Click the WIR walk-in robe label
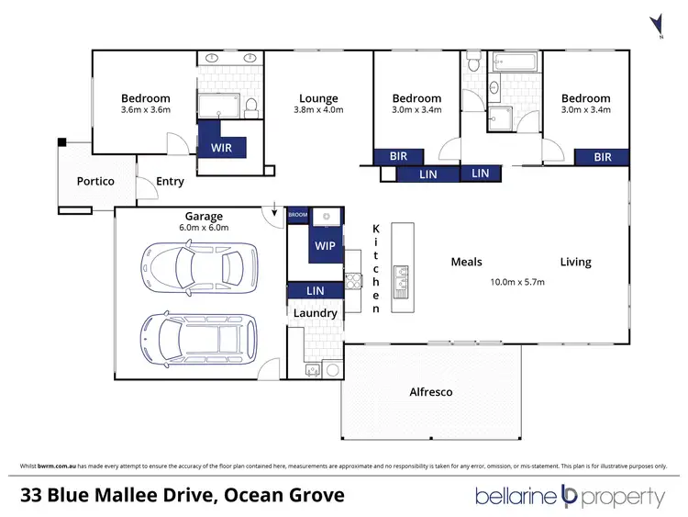pyautogui.click(x=221, y=146)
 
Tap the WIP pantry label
pyautogui.click(x=325, y=245)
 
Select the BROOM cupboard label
pyautogui.click(x=298, y=215)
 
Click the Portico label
pyautogui.click(x=95, y=181)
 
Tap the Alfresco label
pyautogui.click(x=430, y=392)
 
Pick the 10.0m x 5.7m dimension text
pyautogui.click(x=517, y=282)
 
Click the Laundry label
pyautogui.click(x=316, y=313)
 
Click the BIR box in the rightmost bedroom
pyautogui.click(x=603, y=157)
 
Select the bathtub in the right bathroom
pyautogui.click(x=516, y=64)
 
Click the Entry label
pyautogui.click(x=170, y=181)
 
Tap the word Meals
pyautogui.click(x=466, y=263)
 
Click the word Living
pyautogui.click(x=576, y=263)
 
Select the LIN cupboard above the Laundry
pyautogui.click(x=316, y=291)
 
